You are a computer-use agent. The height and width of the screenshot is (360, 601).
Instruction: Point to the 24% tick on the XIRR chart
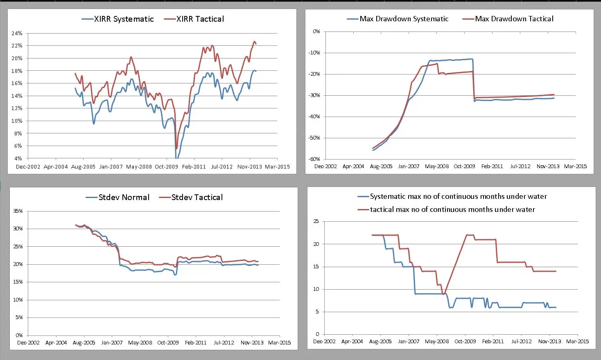(17, 33)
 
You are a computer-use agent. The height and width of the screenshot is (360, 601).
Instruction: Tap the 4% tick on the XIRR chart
(18, 158)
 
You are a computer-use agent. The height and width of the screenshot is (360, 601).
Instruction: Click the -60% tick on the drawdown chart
(314, 159)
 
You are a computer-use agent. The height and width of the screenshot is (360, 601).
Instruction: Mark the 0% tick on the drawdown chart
(316, 31)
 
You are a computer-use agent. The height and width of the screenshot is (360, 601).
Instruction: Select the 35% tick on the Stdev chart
(18, 211)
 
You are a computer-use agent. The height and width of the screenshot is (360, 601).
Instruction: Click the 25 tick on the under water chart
(316, 221)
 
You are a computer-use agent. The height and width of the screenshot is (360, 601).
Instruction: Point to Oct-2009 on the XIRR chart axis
(166, 166)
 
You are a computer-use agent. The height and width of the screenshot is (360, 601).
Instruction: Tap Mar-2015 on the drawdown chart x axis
(575, 166)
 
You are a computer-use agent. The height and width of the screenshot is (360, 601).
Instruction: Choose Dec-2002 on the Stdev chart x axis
(28, 342)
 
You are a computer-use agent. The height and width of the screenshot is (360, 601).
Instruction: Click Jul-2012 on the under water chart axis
(521, 341)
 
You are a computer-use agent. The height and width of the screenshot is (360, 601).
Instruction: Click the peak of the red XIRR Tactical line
(255, 41)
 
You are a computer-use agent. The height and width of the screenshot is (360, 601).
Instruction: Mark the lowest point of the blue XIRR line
(176, 158)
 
